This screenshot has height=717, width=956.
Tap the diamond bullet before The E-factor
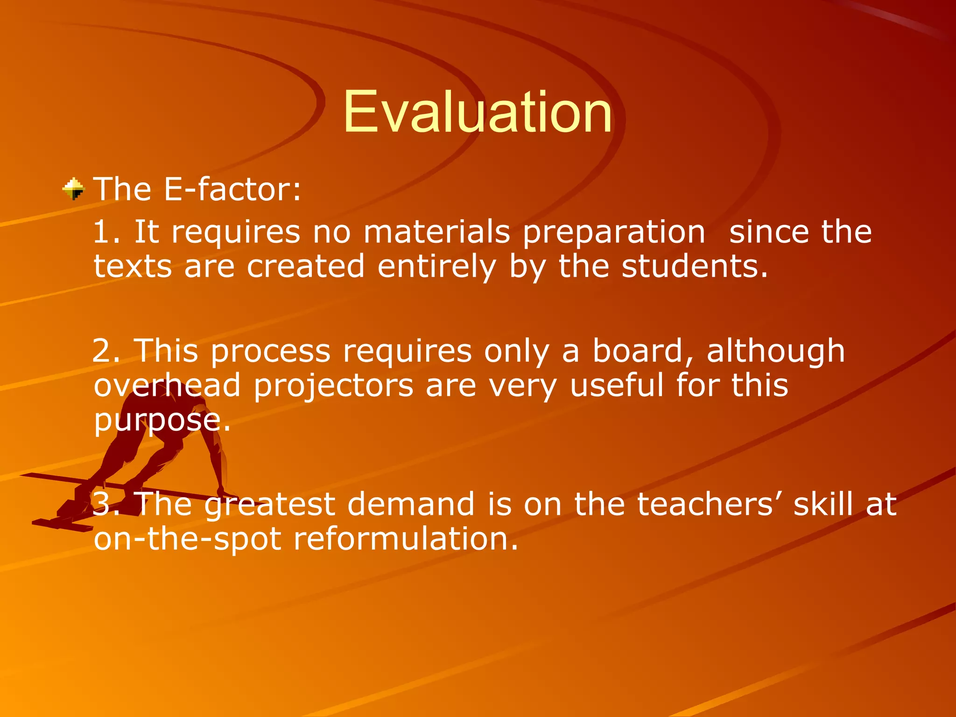(74, 189)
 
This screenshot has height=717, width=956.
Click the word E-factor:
(232, 190)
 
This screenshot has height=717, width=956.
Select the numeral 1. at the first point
(106, 232)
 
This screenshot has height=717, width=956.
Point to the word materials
(436, 232)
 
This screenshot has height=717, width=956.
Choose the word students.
(695, 267)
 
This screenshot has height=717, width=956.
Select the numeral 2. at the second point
(106, 351)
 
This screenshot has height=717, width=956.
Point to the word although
(775, 351)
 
